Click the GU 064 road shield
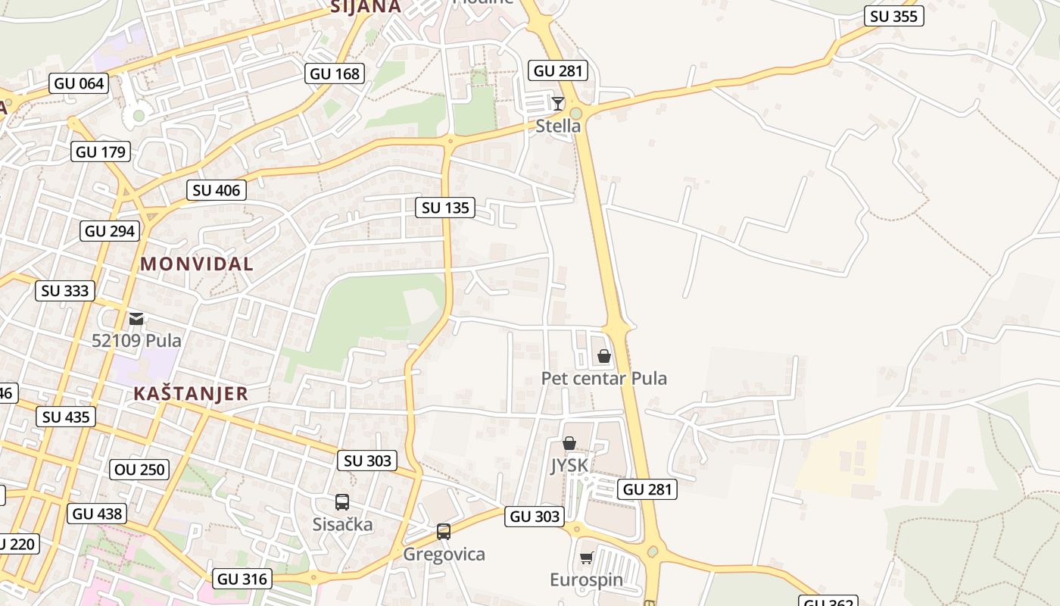[x=79, y=83]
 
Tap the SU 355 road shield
[x=894, y=17]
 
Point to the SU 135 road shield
[x=445, y=208]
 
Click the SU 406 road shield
[x=217, y=190]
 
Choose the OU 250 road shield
[x=139, y=470]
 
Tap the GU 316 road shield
[x=242, y=579]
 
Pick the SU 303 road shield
[x=367, y=461]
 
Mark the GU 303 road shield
[x=535, y=517]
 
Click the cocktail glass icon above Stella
[x=558, y=104]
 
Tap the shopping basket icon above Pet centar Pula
[x=604, y=356]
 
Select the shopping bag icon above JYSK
[x=569, y=443]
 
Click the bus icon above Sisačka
[x=342, y=501]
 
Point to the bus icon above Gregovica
[x=444, y=532]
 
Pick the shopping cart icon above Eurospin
[x=586, y=558]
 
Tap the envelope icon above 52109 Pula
[x=136, y=319]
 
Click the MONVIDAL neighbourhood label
[x=197, y=264]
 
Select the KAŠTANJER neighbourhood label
[x=191, y=394]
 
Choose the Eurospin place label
[x=586, y=580]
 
